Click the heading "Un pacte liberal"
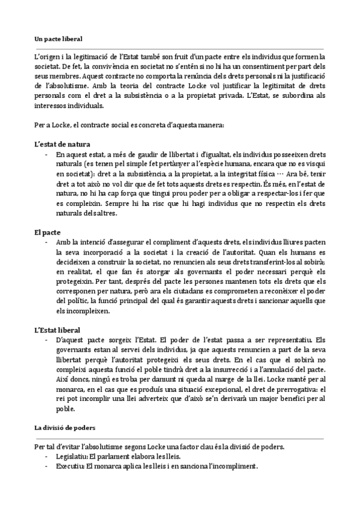58,38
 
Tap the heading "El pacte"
47,231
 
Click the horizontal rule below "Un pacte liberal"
179,48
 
